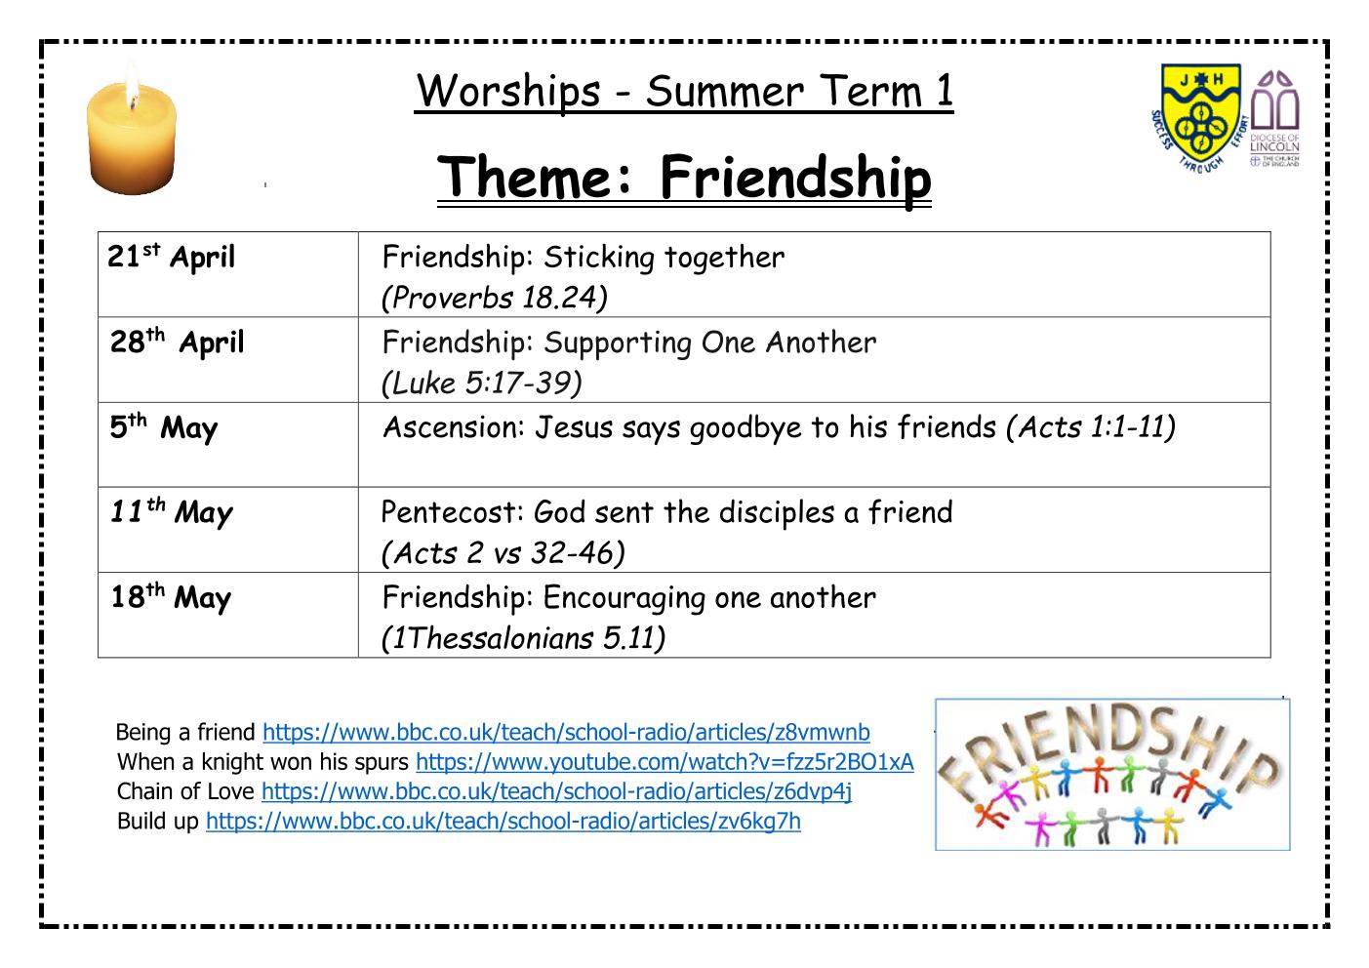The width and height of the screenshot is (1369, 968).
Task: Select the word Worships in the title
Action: point(507,92)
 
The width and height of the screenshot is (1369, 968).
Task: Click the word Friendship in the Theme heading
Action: point(795,177)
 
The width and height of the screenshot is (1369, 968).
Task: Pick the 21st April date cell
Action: point(227,274)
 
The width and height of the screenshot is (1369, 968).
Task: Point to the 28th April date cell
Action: point(227,359)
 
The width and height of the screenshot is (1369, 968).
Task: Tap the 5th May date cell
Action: point(227,444)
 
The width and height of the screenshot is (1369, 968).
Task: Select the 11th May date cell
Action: point(227,530)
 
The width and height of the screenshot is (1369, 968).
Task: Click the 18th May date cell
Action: point(227,615)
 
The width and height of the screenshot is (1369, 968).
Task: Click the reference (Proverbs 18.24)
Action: point(495,299)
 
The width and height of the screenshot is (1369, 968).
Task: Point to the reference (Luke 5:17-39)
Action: point(482,383)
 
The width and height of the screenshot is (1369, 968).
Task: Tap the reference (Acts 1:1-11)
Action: point(1090,427)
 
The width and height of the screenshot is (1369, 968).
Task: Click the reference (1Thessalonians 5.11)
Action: point(523,638)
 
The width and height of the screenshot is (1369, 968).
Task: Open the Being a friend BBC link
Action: point(566,732)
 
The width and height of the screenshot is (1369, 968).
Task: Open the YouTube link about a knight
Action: point(664,762)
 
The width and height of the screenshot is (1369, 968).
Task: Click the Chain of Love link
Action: point(556,791)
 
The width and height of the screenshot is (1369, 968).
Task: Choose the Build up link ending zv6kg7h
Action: point(503,822)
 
